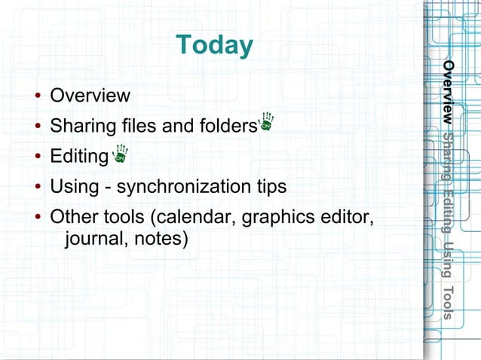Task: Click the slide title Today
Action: tap(213, 46)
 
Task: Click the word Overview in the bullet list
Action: tap(90, 96)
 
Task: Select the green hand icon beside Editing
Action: tap(120, 154)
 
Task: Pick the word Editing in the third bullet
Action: tap(78, 156)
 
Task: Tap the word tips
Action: tap(272, 186)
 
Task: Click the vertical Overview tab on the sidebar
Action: tap(448, 93)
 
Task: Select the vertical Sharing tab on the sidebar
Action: tap(448, 156)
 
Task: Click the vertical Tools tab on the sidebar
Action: tap(448, 304)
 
